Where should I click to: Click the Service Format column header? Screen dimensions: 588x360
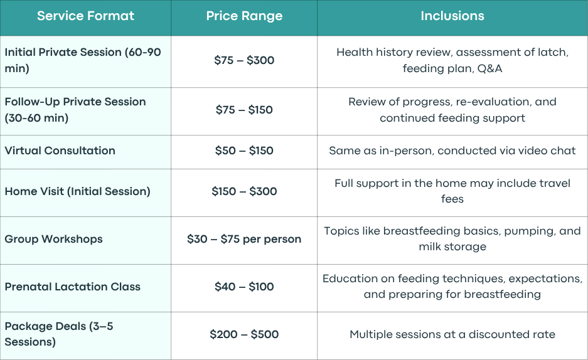point(85,16)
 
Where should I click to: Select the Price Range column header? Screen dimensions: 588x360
point(244,16)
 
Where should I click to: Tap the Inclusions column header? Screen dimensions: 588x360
point(452,16)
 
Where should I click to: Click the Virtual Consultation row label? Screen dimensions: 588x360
point(60,151)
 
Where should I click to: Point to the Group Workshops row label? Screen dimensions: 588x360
point(53,239)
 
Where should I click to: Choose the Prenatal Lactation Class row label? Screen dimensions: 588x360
point(72,287)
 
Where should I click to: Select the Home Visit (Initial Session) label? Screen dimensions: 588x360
point(78,191)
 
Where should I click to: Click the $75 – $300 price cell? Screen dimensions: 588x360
point(244,60)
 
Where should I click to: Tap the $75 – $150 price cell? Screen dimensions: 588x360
point(244,110)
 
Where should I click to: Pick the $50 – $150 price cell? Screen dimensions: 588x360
point(244,151)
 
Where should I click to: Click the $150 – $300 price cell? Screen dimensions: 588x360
point(244,191)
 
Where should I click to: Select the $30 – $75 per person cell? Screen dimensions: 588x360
point(244,239)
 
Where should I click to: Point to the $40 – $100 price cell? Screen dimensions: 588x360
point(244,287)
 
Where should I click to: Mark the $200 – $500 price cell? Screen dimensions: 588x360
point(244,334)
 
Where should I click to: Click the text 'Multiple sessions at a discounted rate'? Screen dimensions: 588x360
point(452,334)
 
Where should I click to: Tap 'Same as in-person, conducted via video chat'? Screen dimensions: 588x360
point(452,151)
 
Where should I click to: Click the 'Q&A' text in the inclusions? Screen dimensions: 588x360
point(489,68)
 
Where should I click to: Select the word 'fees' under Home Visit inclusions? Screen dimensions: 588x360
point(452,199)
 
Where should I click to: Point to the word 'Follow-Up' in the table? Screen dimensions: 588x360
point(32,102)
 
